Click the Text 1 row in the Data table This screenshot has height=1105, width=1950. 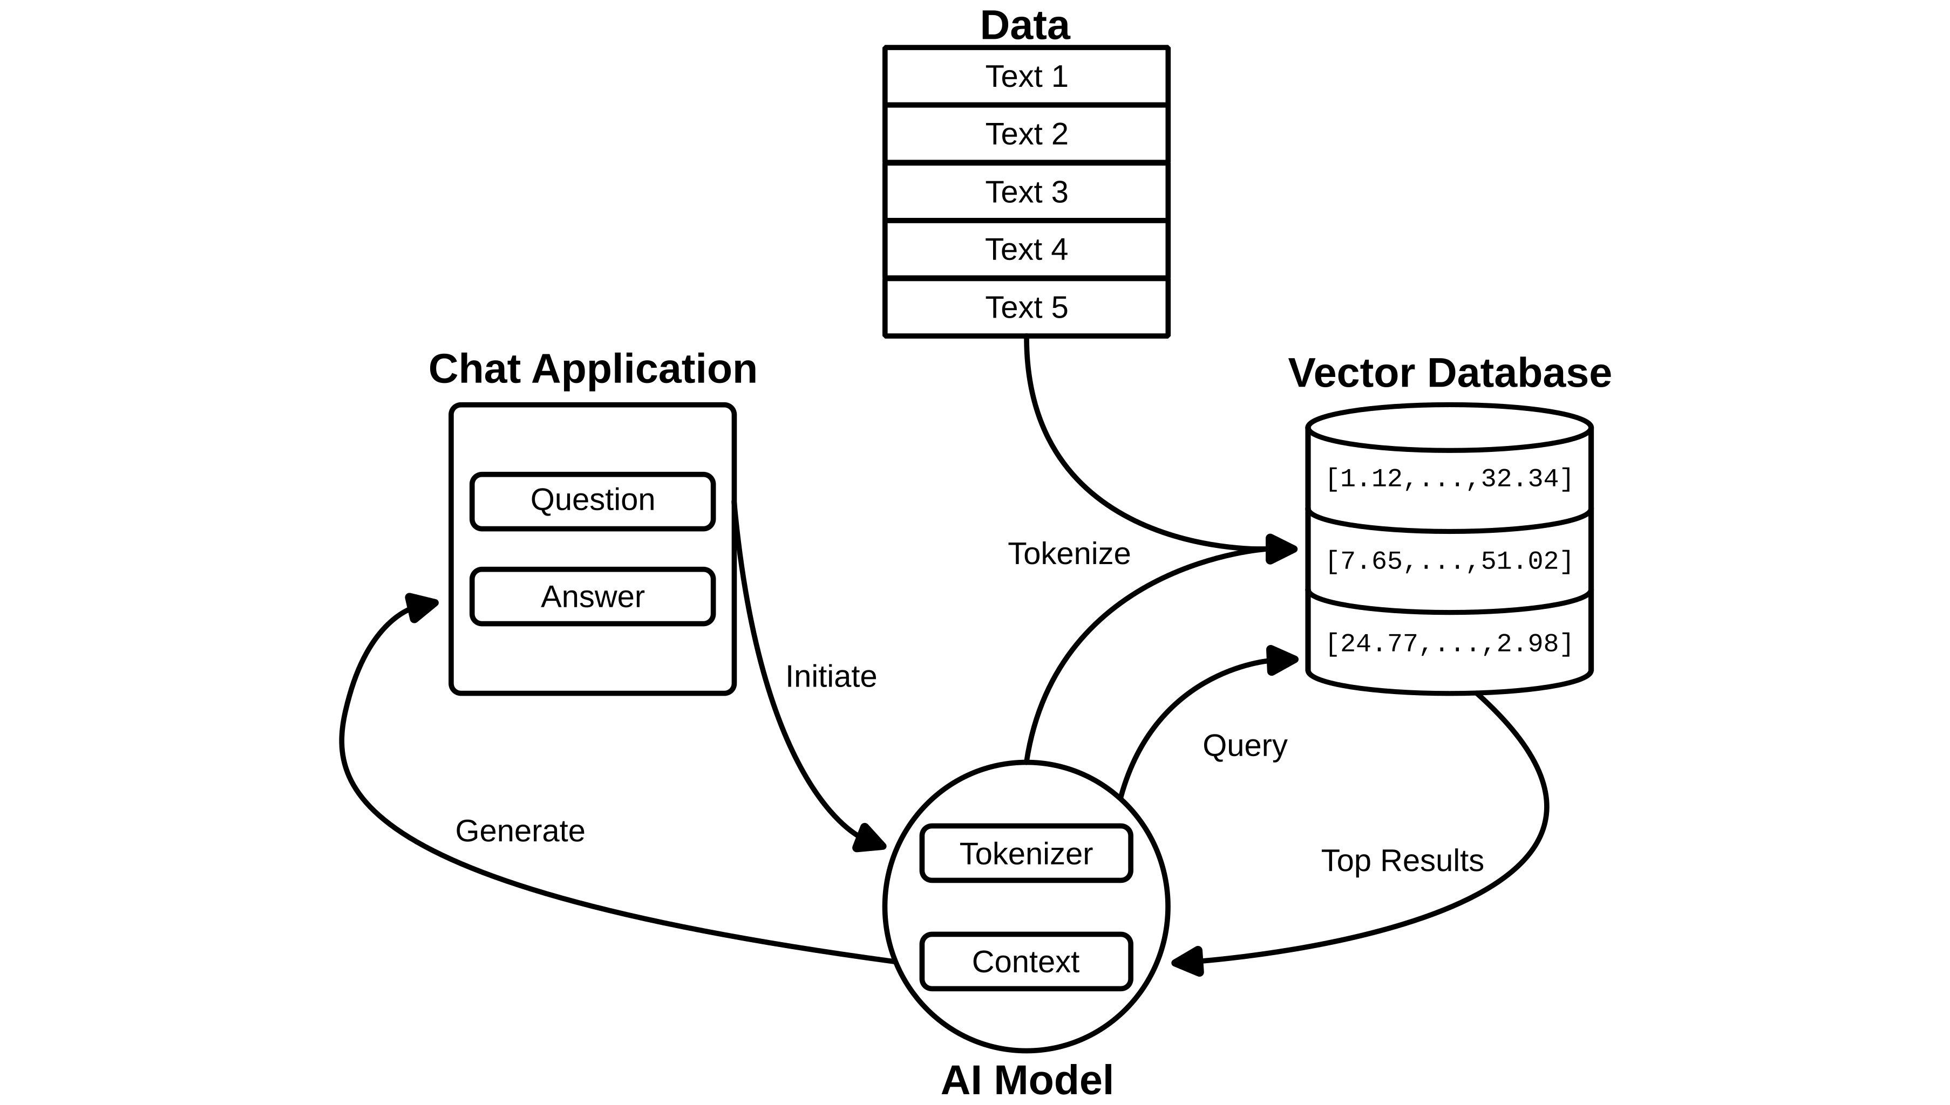(x=1026, y=77)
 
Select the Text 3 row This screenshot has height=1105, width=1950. (x=1026, y=192)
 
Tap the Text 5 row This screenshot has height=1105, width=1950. (x=1026, y=307)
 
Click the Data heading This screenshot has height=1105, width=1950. (x=1024, y=26)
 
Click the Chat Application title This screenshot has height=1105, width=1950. (x=592, y=369)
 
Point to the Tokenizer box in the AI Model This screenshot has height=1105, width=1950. (x=1026, y=854)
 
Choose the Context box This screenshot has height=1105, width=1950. (x=1026, y=962)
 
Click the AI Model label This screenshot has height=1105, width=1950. (x=1027, y=1080)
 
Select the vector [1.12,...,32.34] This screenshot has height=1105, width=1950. (x=1449, y=479)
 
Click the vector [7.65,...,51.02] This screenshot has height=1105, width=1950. (x=1449, y=561)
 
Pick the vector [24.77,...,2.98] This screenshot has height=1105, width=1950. (x=1449, y=643)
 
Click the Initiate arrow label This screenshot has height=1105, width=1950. (x=831, y=677)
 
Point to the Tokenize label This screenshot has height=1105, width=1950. (x=1069, y=554)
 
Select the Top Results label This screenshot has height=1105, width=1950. (x=1402, y=861)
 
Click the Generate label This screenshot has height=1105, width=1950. (x=520, y=832)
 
